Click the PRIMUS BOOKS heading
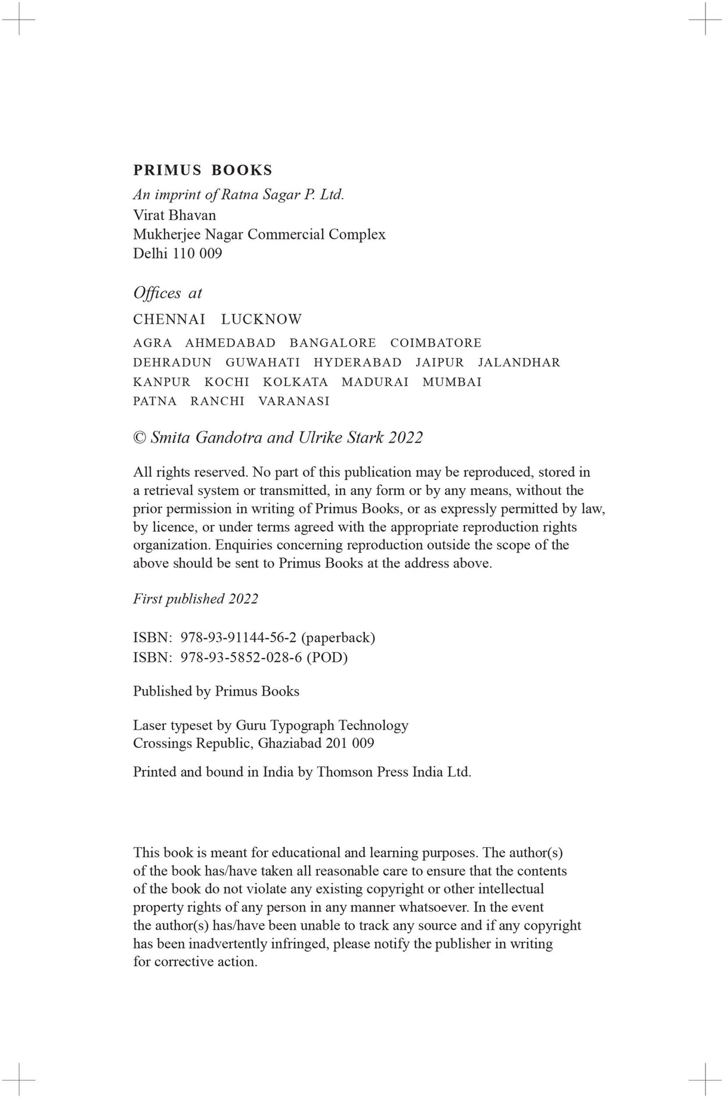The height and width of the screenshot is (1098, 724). point(202,170)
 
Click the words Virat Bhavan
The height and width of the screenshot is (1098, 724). point(174,215)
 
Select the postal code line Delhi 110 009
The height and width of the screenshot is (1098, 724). point(177,253)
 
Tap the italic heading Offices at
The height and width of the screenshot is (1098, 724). point(168,293)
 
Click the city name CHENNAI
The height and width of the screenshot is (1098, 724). point(169,320)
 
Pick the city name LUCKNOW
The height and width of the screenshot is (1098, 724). point(261,320)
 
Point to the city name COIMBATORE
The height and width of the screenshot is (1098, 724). point(435,343)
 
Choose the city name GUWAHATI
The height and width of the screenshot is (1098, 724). point(262,362)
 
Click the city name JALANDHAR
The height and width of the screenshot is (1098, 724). point(519,362)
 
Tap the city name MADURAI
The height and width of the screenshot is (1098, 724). point(375,382)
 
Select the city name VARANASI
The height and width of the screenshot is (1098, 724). point(293,401)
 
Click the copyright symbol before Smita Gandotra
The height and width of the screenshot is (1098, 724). point(140,438)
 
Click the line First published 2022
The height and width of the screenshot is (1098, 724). point(196,599)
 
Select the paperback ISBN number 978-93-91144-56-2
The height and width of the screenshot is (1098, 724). point(238,638)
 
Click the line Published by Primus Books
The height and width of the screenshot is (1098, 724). point(216,691)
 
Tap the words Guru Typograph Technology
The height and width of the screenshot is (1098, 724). point(322,725)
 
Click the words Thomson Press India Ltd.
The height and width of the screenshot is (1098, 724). point(394,772)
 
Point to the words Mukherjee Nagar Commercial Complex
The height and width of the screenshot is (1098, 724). point(259,234)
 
